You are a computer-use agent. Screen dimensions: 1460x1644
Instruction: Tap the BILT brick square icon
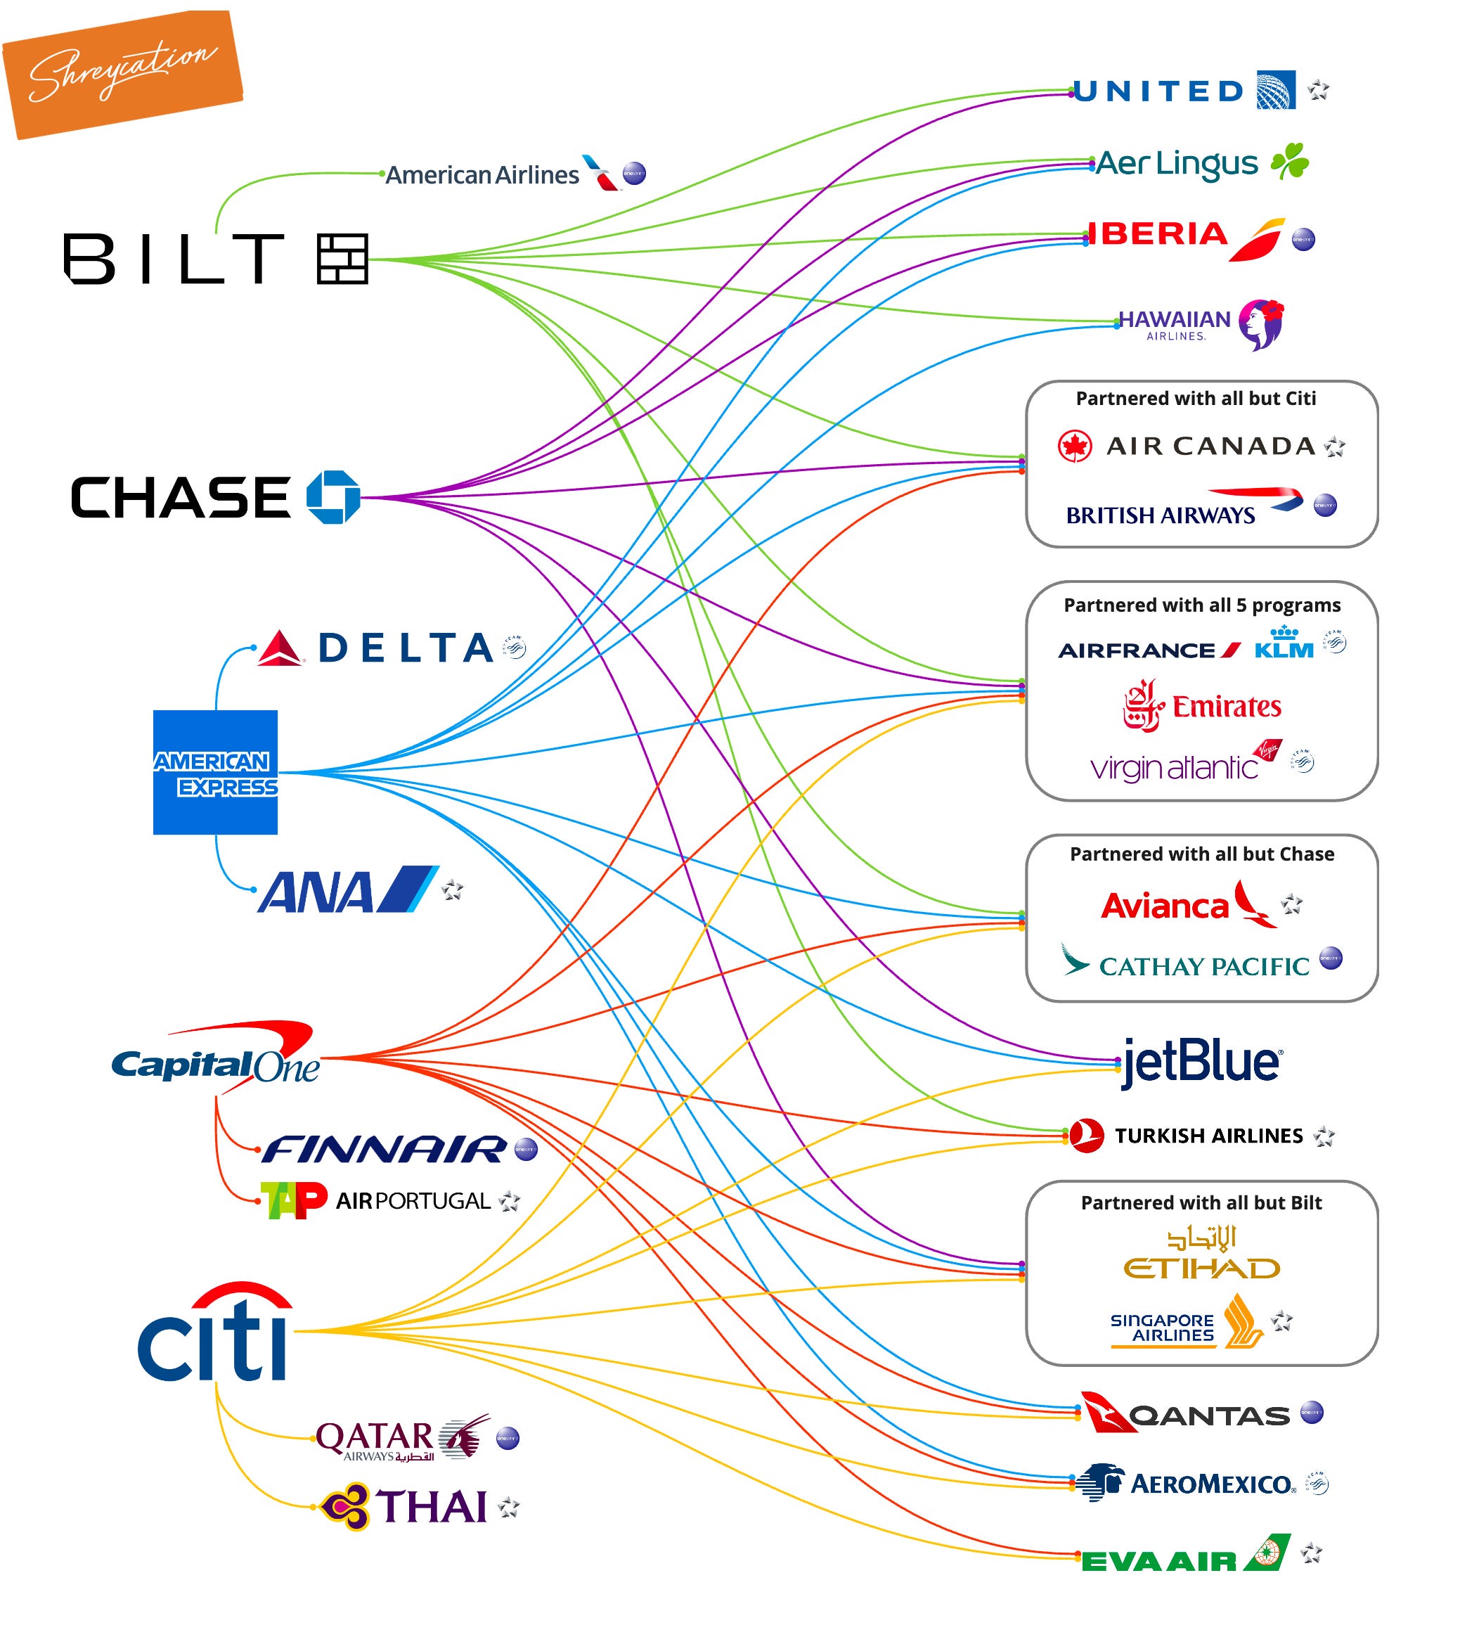[342, 259]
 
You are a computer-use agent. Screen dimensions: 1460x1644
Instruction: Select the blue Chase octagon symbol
[333, 497]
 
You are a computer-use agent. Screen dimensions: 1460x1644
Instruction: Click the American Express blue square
[216, 772]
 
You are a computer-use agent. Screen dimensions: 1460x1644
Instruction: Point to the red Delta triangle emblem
[280, 648]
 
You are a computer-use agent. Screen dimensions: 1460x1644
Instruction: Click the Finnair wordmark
[385, 1150]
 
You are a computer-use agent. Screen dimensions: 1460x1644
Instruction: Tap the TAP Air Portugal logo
[293, 1201]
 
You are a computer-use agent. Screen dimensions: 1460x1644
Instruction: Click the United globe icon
[1276, 90]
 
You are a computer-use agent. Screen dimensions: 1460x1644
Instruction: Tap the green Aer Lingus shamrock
[1290, 161]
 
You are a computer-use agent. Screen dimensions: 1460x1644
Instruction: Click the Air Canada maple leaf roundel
[1075, 447]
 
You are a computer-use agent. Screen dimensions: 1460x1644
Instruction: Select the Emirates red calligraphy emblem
[1142, 705]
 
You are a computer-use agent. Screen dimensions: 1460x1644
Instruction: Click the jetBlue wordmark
[1201, 1062]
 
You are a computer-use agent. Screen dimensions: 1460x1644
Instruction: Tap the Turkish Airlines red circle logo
[1087, 1136]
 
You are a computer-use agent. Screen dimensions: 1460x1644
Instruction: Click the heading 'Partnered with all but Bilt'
[1201, 1203]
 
